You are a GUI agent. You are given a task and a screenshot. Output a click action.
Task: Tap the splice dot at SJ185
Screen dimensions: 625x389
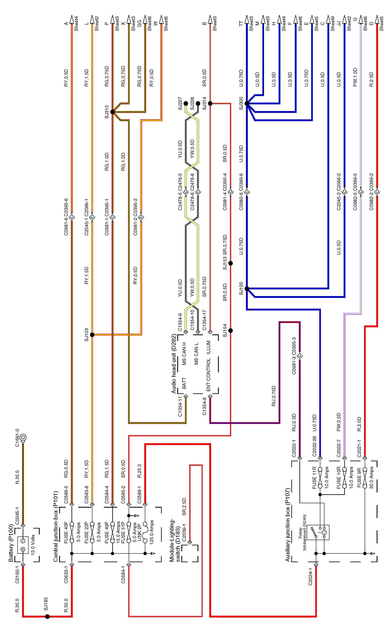47,616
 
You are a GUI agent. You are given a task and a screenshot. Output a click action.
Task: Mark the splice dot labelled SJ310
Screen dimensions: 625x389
113,112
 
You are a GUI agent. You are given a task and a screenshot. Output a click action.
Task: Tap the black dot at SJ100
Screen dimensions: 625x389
247,288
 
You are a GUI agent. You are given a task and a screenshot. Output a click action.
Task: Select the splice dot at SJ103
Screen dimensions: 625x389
92,335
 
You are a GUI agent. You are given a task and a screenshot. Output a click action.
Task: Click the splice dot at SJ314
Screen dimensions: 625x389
210,103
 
